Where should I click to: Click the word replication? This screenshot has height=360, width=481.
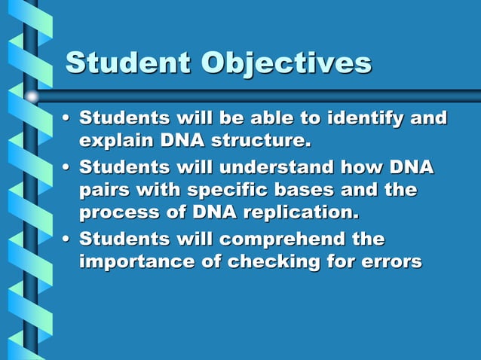coord(300,212)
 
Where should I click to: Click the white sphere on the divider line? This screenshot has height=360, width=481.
coord(32,96)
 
